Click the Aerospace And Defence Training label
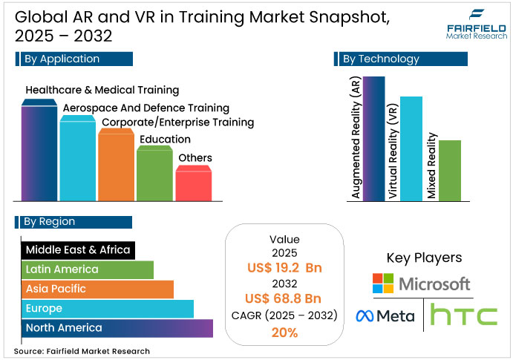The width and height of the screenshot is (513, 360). [146, 108]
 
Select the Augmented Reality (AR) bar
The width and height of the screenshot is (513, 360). [374, 138]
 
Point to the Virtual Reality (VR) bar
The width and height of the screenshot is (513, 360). [411, 148]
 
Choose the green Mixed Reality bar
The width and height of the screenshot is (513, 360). [449, 170]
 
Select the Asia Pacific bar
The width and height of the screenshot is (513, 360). [97, 289]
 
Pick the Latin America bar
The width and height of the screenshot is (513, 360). [87, 269]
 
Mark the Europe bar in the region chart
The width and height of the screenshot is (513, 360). [107, 308]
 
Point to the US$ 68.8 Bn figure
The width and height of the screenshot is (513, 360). [284, 298]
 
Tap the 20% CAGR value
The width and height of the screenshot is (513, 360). [284, 333]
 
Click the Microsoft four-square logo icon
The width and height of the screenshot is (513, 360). [383, 284]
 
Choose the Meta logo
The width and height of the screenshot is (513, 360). [385, 316]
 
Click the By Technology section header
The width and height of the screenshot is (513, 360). [385, 59]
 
